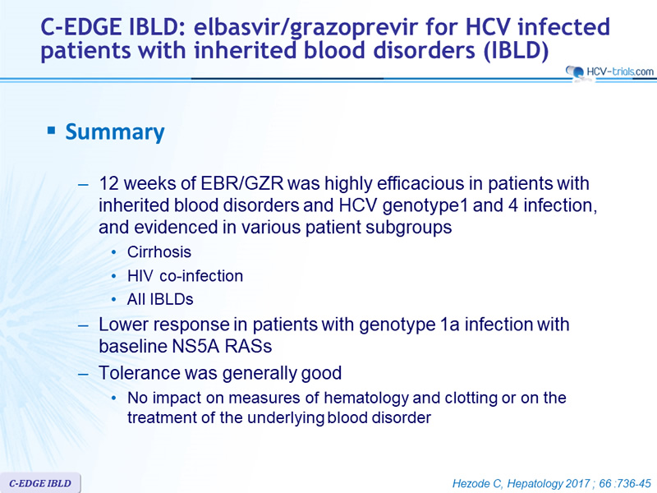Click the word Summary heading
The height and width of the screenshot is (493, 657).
tap(115, 132)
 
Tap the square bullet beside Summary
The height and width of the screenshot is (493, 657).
tap(52, 131)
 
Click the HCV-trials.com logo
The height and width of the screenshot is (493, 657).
tap(609, 71)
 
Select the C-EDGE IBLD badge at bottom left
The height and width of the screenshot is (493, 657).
tap(40, 483)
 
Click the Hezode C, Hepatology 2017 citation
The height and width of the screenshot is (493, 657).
tap(552, 483)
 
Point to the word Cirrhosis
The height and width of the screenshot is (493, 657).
tap(159, 252)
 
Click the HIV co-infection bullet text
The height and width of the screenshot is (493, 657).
tap(186, 276)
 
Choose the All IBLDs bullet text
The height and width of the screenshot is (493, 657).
tap(160, 299)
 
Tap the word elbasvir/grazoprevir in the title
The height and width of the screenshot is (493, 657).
tap(306, 27)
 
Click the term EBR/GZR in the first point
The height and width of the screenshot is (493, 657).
tap(242, 183)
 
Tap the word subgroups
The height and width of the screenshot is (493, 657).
tap(408, 228)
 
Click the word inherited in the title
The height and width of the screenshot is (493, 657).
tap(245, 50)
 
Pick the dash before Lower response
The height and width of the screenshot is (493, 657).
tap(83, 325)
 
